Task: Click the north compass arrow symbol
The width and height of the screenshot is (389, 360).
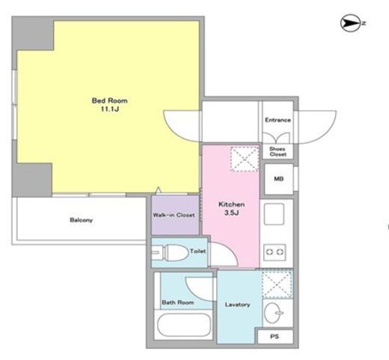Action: [350, 23]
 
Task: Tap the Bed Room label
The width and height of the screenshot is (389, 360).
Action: [110, 100]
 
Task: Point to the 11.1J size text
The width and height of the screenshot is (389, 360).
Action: [110, 109]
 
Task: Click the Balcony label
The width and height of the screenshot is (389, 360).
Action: [82, 220]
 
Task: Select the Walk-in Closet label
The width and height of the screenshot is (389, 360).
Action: [174, 215]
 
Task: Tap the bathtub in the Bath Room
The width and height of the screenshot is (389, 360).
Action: [184, 325]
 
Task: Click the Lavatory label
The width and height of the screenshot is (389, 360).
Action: [237, 305]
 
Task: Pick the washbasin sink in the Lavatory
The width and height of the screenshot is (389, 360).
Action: [273, 313]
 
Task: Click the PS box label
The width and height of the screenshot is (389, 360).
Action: [275, 337]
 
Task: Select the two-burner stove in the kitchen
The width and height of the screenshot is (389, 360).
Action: [275, 252]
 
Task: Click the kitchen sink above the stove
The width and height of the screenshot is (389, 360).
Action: [274, 214]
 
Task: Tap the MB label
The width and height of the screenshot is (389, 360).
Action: [278, 179]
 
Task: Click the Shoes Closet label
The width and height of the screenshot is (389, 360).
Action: [278, 152]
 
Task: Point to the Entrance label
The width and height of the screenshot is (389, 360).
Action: [278, 120]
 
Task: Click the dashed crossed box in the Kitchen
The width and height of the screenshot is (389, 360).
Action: [245, 159]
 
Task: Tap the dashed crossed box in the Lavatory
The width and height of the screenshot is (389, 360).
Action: [277, 284]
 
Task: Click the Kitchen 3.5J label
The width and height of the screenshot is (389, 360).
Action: [231, 208]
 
